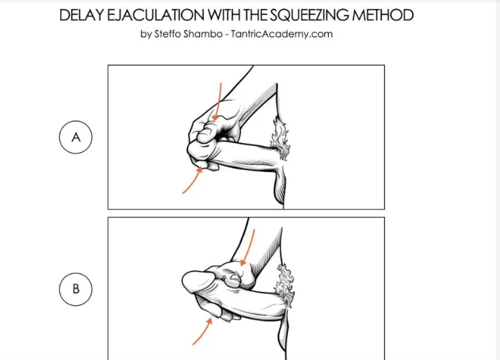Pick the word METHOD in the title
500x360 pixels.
[383, 15]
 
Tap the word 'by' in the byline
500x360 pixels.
[146, 34]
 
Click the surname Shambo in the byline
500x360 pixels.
[203, 34]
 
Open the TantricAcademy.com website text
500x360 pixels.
[282, 34]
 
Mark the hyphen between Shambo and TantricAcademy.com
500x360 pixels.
[226, 34]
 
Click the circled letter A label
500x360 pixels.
[76, 138]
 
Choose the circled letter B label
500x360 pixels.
[76, 289]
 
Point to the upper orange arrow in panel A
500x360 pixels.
[219, 102]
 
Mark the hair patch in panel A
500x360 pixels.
[280, 138]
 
